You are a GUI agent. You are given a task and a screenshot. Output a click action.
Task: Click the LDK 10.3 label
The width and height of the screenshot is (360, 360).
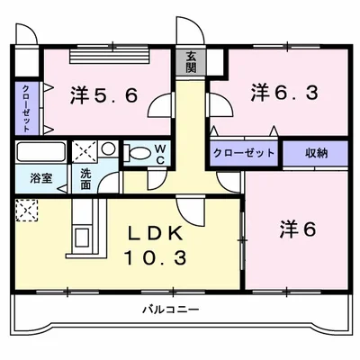[x=155, y=245]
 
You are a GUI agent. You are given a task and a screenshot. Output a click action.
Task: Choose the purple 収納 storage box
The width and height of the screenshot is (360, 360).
[x=316, y=152]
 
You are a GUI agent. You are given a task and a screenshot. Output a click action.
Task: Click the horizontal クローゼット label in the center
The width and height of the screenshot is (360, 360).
[x=244, y=152]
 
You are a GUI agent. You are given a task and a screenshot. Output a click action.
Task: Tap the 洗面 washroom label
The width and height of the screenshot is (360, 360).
[x=85, y=177]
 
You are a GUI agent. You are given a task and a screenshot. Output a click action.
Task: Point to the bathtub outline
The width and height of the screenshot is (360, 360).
[x=40, y=150]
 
